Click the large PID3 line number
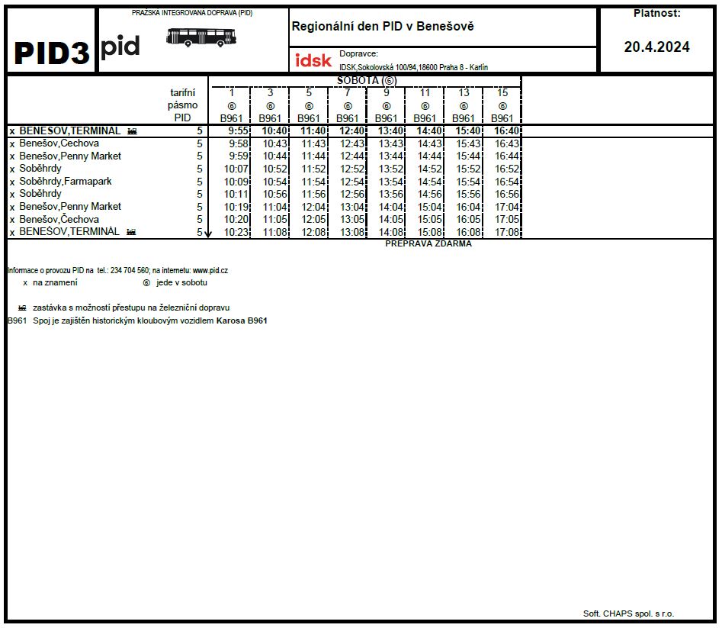click(51, 52)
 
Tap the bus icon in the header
click(201, 37)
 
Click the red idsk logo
click(313, 60)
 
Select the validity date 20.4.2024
click(656, 47)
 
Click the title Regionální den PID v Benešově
click(383, 26)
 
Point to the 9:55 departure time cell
click(239, 131)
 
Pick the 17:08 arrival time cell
click(507, 232)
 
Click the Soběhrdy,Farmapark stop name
click(66, 182)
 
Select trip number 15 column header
click(502, 92)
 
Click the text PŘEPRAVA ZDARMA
click(428, 244)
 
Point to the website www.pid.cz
click(210, 270)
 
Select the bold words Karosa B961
click(242, 320)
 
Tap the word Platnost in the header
click(656, 13)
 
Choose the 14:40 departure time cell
click(429, 131)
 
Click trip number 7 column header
click(347, 92)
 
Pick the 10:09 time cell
click(236, 182)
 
